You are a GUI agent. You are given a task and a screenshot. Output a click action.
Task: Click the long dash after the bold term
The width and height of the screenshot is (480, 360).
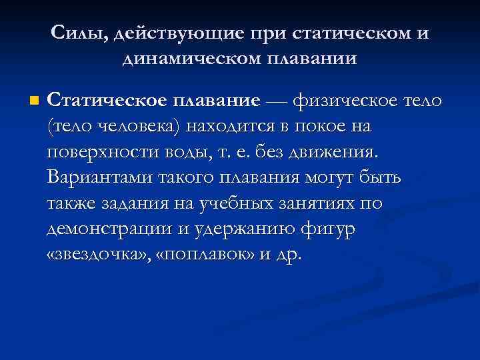point(277,101)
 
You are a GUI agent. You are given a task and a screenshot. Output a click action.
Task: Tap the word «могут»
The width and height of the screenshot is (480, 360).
point(323,178)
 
